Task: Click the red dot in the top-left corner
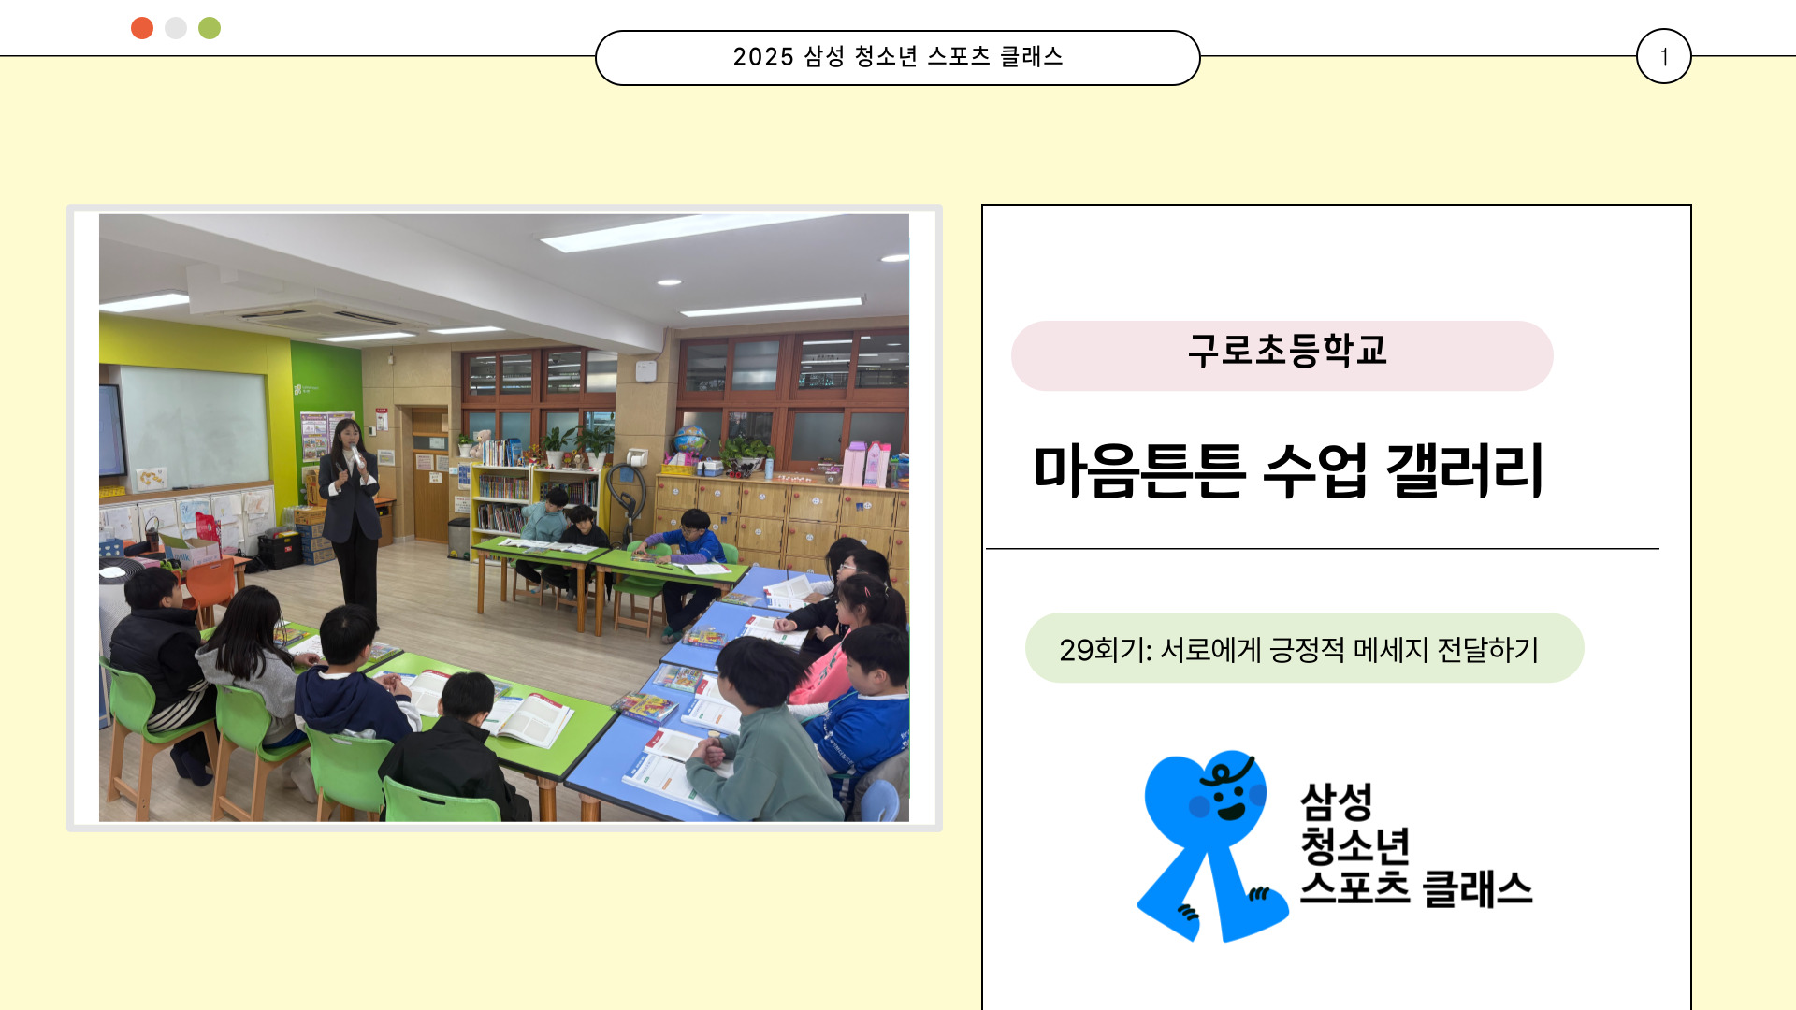click(x=142, y=28)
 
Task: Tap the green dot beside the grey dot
click(x=210, y=28)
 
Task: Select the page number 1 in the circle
click(x=1664, y=57)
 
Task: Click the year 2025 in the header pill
click(x=763, y=57)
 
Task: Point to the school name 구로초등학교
click(x=1287, y=351)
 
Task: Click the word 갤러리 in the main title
click(x=1465, y=469)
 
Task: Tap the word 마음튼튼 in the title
click(x=1139, y=469)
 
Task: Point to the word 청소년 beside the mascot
click(x=1355, y=845)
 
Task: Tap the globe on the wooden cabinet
click(x=690, y=440)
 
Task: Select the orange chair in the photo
click(x=210, y=589)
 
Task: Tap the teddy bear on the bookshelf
click(x=481, y=441)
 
